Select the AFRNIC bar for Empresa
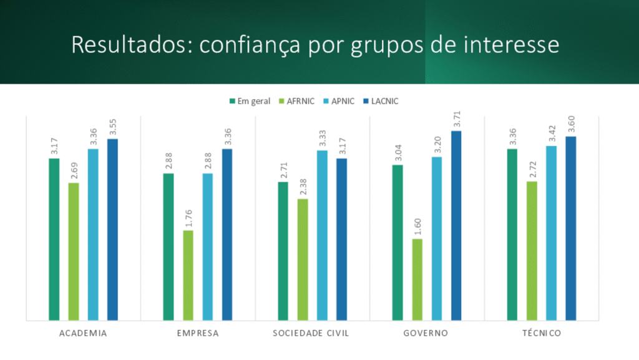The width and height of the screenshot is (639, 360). [x=188, y=275]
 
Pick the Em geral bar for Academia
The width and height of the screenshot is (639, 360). [x=54, y=240]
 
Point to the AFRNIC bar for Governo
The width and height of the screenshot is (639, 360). [x=417, y=280]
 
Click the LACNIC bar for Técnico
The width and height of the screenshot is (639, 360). [x=571, y=228]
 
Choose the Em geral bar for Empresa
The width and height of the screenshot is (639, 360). [x=168, y=247]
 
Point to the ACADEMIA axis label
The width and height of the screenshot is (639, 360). [x=83, y=333]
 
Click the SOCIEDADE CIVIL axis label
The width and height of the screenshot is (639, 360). [x=311, y=333]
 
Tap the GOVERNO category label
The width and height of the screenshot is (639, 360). [x=426, y=333]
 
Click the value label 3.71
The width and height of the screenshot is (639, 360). [x=457, y=119]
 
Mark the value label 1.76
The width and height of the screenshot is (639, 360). [x=188, y=218]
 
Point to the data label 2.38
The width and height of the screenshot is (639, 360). [x=303, y=187]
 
